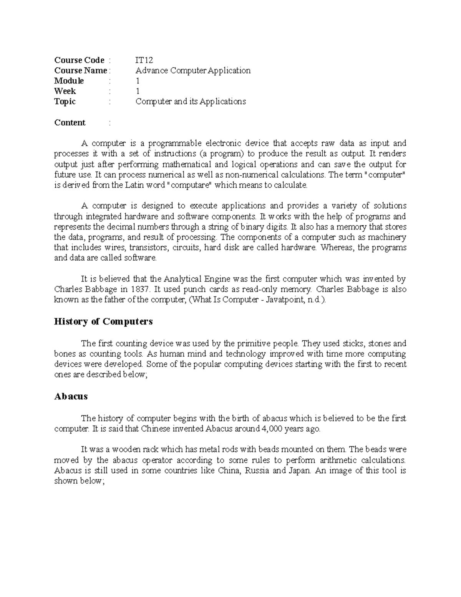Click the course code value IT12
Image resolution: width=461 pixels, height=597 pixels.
click(144, 60)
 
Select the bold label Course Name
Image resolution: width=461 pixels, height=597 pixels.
click(80, 70)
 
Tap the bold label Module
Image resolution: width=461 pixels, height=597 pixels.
click(69, 81)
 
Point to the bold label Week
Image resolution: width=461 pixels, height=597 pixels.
click(65, 91)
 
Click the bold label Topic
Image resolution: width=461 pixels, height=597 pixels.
click(65, 101)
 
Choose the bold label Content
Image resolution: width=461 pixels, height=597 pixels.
click(70, 123)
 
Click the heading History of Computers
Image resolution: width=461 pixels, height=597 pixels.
click(103, 321)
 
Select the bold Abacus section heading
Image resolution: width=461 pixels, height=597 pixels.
click(71, 396)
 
